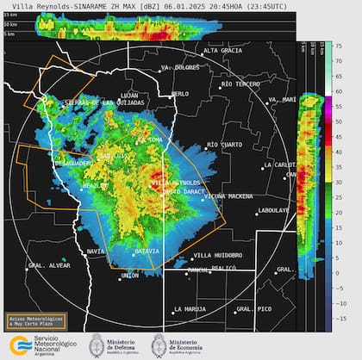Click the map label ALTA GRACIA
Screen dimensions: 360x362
click(x=222, y=51)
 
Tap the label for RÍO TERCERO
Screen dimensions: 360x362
click(x=242, y=84)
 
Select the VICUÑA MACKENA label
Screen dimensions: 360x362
click(x=228, y=196)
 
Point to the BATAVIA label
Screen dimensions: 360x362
click(x=147, y=251)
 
